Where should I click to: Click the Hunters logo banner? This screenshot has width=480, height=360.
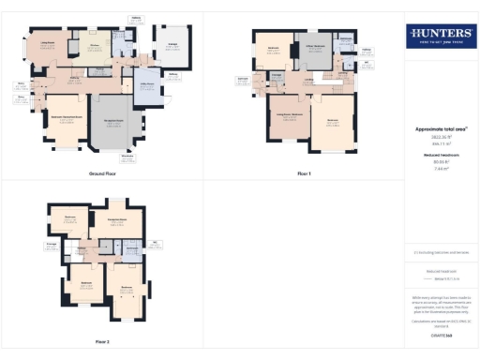(x=440, y=37)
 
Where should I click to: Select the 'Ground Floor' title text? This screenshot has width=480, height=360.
(x=102, y=174)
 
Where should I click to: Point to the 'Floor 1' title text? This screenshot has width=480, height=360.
(x=304, y=174)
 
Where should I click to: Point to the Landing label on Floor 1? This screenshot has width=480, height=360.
(x=308, y=83)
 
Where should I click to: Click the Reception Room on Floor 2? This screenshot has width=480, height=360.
(x=117, y=223)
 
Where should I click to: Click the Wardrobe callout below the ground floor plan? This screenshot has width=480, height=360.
(x=127, y=157)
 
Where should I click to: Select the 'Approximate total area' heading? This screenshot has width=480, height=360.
(x=440, y=128)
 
